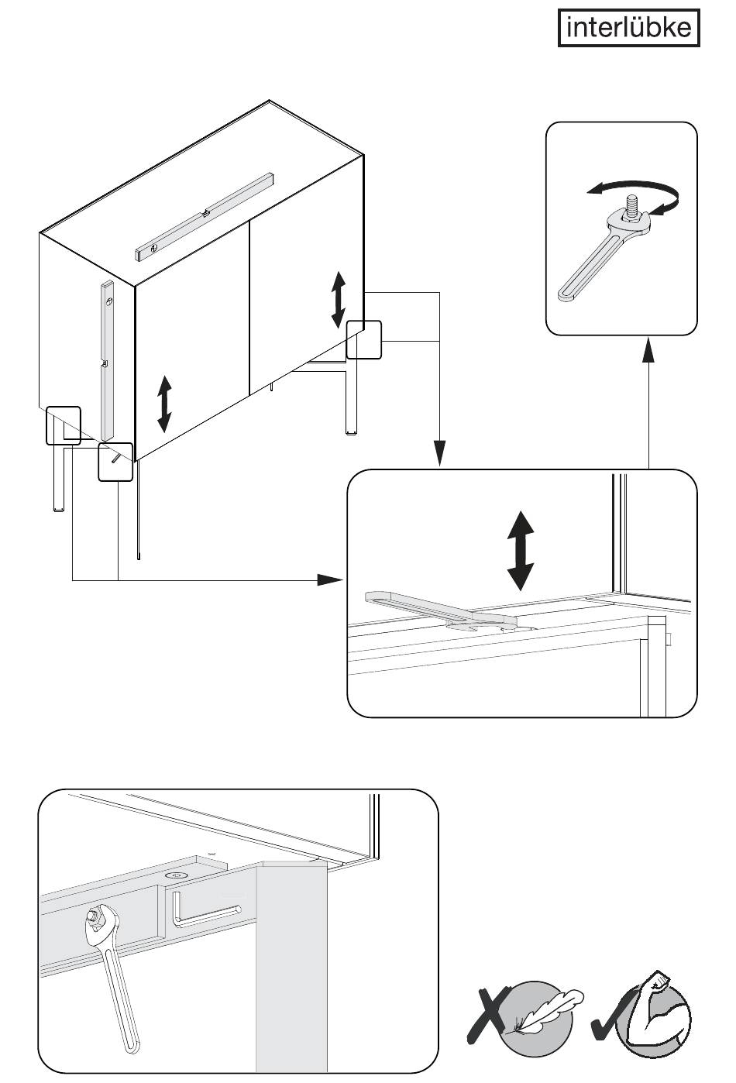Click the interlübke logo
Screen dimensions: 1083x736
pyautogui.click(x=628, y=28)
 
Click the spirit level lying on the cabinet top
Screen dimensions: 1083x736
pyautogui.click(x=205, y=215)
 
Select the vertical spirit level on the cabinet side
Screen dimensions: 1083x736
pyautogui.click(x=107, y=360)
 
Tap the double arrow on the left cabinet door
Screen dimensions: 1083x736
pyautogui.click(x=163, y=403)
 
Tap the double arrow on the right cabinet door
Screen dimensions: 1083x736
pyautogui.click(x=339, y=299)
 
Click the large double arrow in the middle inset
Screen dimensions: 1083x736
pyautogui.click(x=520, y=550)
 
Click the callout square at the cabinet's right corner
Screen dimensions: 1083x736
pyautogui.click(x=364, y=339)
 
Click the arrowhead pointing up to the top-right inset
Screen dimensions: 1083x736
pyautogui.click(x=648, y=352)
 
